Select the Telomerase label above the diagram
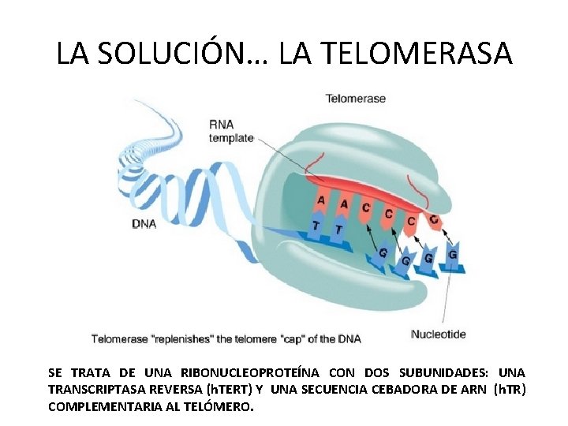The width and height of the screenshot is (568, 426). [x=356, y=99]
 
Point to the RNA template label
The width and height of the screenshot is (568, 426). [x=231, y=131]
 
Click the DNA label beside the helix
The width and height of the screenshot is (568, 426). [x=144, y=224]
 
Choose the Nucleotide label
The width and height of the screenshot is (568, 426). [x=439, y=334]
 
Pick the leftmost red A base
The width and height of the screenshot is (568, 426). [x=320, y=201]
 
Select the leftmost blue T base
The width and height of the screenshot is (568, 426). [x=316, y=227]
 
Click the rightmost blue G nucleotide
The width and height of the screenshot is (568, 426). [x=452, y=255]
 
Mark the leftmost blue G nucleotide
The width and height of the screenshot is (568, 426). [x=383, y=253]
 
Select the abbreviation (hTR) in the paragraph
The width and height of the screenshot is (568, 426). [x=509, y=390]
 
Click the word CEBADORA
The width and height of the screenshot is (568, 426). [x=394, y=390]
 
